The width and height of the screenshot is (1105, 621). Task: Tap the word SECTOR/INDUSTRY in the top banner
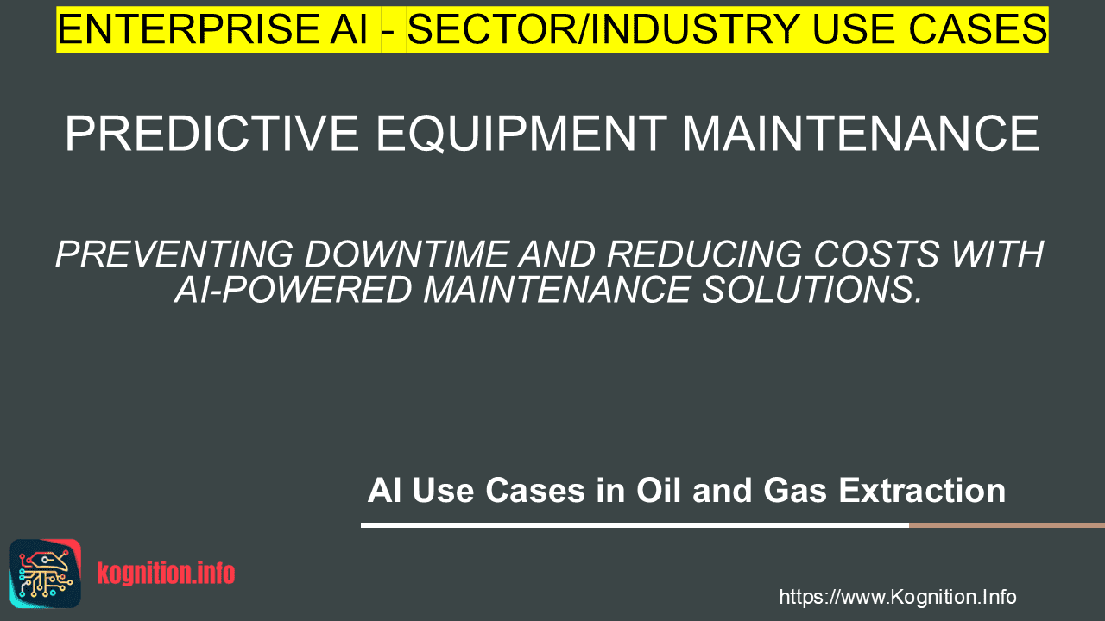(x=603, y=29)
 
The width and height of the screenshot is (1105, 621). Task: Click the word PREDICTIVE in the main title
(x=212, y=133)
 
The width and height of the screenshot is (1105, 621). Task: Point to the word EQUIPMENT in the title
(x=521, y=134)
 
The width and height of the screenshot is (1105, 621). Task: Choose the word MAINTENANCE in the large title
(x=861, y=133)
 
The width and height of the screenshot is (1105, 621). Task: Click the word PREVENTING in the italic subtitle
(x=174, y=254)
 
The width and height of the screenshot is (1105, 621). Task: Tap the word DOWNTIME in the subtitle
(x=406, y=254)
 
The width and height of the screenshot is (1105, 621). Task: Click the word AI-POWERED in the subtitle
(x=293, y=289)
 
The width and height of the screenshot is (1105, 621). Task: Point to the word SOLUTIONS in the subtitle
(x=811, y=289)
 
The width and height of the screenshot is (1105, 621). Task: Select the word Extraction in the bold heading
(x=922, y=491)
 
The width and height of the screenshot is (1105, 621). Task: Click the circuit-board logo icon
(x=46, y=574)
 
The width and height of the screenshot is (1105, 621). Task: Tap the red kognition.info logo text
(x=166, y=574)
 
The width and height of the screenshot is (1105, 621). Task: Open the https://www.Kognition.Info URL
(x=898, y=597)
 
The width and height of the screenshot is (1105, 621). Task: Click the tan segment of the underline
(x=1007, y=525)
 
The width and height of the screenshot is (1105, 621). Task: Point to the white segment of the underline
(x=635, y=525)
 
